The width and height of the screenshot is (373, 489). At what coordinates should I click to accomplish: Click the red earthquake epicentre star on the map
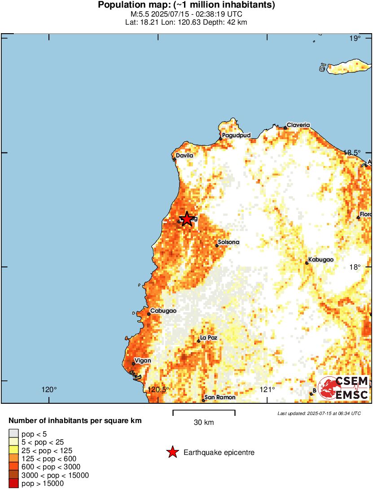(x=186, y=219)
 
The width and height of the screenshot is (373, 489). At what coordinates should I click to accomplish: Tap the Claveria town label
(x=298, y=125)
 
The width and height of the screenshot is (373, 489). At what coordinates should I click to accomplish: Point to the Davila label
(x=184, y=156)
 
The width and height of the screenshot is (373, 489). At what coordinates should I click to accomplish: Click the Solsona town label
(x=228, y=242)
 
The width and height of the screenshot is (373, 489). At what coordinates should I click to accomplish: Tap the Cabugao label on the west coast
(x=163, y=311)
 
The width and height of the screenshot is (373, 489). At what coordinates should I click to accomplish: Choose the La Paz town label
(x=208, y=338)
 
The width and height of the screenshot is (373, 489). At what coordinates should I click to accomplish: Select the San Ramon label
(x=219, y=397)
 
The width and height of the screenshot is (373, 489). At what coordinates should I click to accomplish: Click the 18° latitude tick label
(x=355, y=267)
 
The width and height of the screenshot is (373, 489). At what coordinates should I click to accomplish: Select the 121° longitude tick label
(x=268, y=389)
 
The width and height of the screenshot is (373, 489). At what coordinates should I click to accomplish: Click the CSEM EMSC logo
(x=343, y=388)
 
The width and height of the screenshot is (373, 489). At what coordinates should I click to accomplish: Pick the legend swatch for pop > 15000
(x=14, y=484)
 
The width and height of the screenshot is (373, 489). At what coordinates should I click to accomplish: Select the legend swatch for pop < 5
(x=14, y=433)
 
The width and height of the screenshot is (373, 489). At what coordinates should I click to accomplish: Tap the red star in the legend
(x=172, y=453)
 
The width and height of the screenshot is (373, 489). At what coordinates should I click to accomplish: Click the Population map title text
(x=186, y=5)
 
